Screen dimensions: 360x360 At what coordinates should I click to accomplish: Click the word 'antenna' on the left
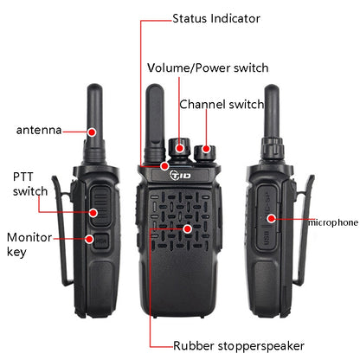39,131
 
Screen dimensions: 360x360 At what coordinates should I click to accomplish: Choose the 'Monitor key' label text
29,244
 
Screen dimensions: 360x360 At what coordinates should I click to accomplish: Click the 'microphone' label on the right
331,222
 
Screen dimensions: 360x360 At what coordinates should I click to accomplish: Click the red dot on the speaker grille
186,228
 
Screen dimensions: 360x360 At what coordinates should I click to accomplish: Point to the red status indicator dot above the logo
165,164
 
